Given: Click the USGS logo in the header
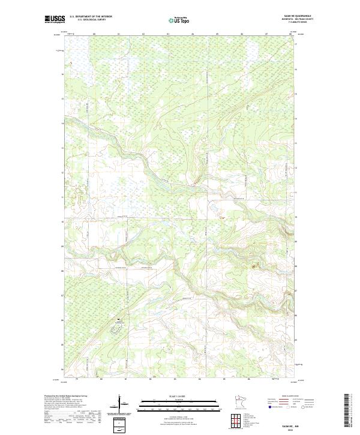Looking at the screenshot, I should [x=55, y=19].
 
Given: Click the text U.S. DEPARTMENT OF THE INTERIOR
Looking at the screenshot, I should [x=91, y=17].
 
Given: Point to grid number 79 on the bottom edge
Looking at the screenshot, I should [x=77, y=379].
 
